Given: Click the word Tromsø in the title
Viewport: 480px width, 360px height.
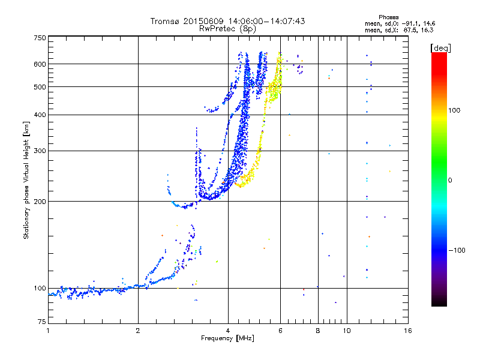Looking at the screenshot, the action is [x=165, y=21].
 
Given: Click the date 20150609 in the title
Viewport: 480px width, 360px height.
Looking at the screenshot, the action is [x=203, y=21].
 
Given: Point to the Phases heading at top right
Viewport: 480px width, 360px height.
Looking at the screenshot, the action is [x=388, y=17].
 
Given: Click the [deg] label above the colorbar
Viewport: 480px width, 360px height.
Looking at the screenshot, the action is [x=440, y=48].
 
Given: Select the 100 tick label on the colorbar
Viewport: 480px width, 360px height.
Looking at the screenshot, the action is [x=454, y=110].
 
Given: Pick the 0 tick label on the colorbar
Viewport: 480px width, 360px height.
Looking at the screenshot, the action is [x=450, y=181].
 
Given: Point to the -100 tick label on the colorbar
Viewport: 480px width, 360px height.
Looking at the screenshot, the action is [x=457, y=250].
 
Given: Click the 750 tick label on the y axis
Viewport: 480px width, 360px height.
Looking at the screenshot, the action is [x=40, y=38].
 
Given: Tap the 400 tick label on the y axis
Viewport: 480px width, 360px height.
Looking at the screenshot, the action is [x=40, y=115].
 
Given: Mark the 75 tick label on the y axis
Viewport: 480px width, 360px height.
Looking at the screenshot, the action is [x=42, y=322].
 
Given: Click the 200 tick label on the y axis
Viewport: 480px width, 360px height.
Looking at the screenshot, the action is [x=40, y=202].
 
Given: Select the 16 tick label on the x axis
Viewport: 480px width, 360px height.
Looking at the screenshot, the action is [x=408, y=331].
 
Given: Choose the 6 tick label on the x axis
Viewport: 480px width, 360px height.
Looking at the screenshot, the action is [x=280, y=331].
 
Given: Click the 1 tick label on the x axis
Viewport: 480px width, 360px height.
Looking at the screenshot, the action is [x=48, y=331].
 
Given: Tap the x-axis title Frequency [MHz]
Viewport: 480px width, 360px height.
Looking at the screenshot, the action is [x=227, y=338].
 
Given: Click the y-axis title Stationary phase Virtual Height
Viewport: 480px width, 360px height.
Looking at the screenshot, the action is [x=26, y=181].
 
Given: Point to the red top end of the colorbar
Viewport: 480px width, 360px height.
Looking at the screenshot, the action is [x=439, y=55].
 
